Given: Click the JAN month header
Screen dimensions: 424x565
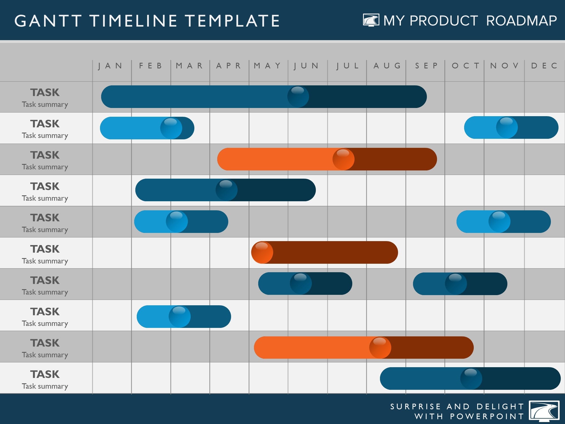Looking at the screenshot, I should (110, 66).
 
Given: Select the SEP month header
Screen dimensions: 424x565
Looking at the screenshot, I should (426, 66).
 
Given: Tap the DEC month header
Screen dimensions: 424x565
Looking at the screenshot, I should (544, 66).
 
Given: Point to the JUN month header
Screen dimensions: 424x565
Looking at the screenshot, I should (306, 66).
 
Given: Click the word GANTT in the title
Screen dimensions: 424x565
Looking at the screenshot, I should (48, 21).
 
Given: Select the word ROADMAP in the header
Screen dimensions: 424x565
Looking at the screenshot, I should (521, 21).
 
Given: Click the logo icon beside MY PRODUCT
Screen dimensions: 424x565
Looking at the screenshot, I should (371, 20).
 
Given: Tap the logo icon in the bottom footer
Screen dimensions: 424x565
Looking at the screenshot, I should (544, 411).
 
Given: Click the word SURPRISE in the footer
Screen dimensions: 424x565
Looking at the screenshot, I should (415, 406).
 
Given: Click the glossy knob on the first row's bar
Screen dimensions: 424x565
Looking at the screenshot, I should (298, 97).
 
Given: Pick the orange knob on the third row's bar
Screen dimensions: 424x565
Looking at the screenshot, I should (343, 159).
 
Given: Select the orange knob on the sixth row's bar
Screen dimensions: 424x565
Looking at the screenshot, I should (262, 252).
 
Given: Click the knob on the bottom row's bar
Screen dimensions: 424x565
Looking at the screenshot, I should (471, 379).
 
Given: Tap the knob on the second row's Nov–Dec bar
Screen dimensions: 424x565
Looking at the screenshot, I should (507, 127).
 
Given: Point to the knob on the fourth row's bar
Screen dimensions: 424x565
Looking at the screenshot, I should (226, 190).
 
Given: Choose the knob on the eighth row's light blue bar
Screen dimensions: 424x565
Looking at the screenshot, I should (179, 317).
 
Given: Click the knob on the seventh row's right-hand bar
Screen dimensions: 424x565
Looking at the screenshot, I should (456, 284).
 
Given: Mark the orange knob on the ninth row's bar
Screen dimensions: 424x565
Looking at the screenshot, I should (380, 348).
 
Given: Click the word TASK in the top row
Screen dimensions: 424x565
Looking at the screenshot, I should (45, 92).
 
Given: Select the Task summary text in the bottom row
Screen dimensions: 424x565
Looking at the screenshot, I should (45, 386).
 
